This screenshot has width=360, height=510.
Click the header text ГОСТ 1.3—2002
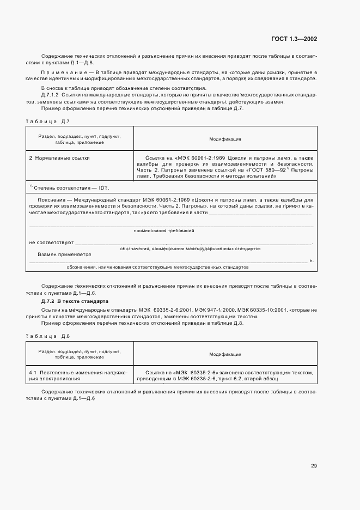pyautogui.click(x=294, y=39)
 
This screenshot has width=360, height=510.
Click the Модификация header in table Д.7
pyautogui.click(x=225, y=139)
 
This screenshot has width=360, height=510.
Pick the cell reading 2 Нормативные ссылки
pyautogui.click(x=59, y=158)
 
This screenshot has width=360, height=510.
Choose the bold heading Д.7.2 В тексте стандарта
pyautogui.click(x=75, y=301)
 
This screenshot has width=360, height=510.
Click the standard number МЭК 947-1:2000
pyautogui.click(x=203, y=308)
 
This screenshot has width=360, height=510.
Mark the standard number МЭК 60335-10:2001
pyautogui.click(x=257, y=308)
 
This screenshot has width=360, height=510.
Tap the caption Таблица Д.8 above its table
pyautogui.click(x=48, y=335)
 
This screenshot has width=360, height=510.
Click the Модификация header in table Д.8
pyautogui.click(x=225, y=354)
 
